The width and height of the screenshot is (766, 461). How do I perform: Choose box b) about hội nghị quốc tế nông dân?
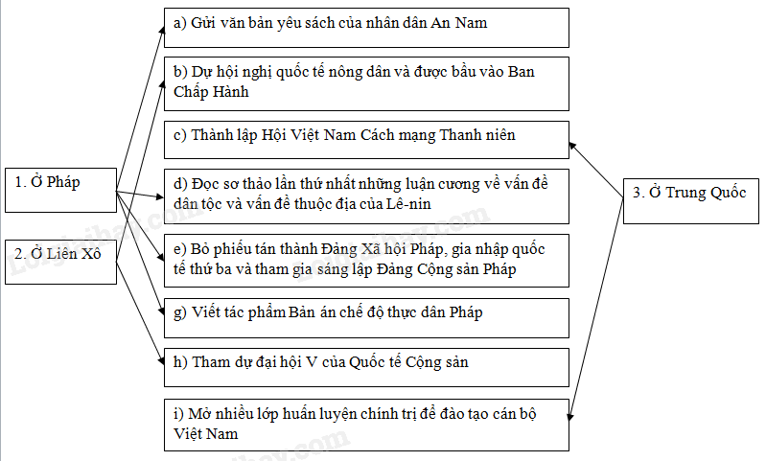pyautogui.click(x=366, y=82)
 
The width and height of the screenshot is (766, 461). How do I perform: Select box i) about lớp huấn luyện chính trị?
pyautogui.click(x=366, y=424)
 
